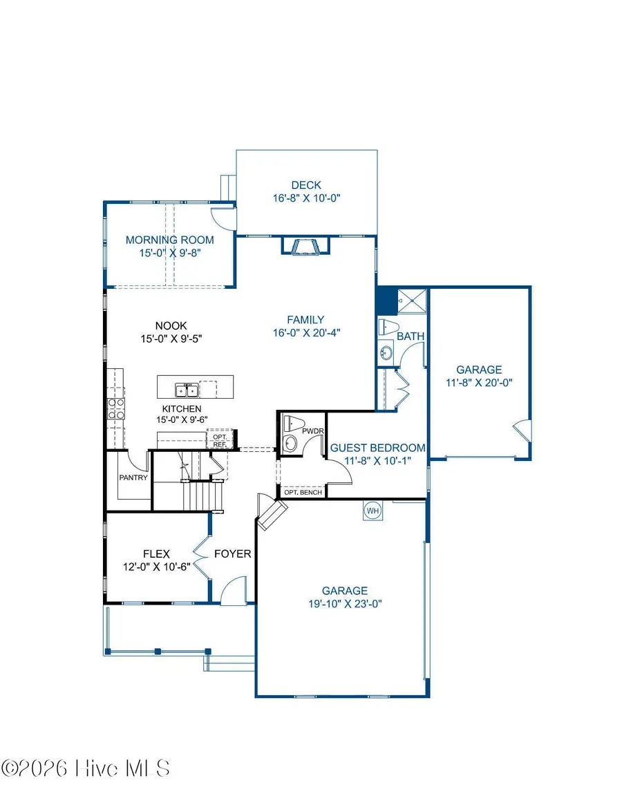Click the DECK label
click(x=306, y=184)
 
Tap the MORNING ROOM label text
click(x=169, y=240)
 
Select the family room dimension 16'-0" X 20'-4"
click(x=306, y=332)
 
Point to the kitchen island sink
click(x=188, y=391)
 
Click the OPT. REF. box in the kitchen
click(x=220, y=440)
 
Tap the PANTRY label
click(x=133, y=477)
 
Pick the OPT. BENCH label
click(x=301, y=492)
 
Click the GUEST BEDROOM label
click(x=377, y=448)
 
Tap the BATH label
click(x=410, y=336)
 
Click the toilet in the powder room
click(x=294, y=423)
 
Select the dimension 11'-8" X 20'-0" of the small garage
click(x=479, y=382)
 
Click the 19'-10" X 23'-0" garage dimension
click(x=344, y=603)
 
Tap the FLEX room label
click(x=156, y=553)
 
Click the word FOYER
click(x=232, y=553)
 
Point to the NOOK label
click(x=171, y=325)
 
